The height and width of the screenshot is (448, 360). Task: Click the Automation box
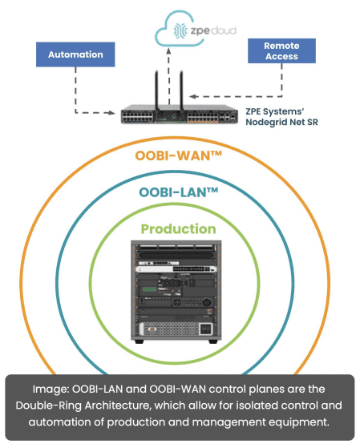coord(75,54)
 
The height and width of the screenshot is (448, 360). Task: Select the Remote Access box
coord(281,50)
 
